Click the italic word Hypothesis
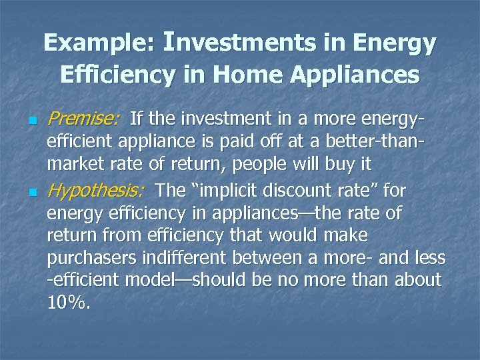pos(95,191)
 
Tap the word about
pos(414,281)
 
